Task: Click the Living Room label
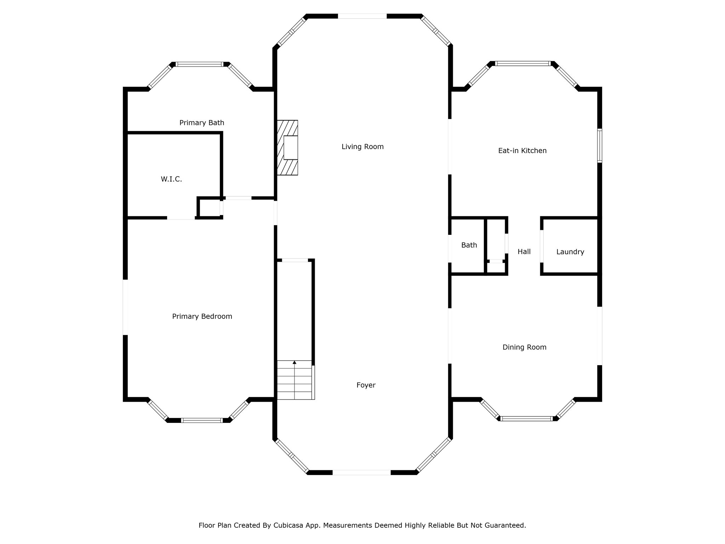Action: (362, 147)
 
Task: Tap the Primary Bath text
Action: (202, 123)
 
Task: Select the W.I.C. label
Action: (171, 179)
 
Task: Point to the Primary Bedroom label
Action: (202, 317)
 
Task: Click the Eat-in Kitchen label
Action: (523, 151)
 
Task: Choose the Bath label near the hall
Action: (469, 245)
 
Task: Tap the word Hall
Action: (524, 251)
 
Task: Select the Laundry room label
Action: (570, 252)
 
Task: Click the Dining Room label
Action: (525, 347)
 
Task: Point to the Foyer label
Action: (366, 385)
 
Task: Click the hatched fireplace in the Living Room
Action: (287, 148)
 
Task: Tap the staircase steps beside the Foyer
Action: (295, 380)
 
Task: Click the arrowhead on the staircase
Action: (295, 362)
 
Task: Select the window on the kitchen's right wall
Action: (600, 145)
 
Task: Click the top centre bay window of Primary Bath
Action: (200, 64)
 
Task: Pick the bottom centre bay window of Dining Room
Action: (527, 419)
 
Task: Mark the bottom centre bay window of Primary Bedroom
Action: (202, 420)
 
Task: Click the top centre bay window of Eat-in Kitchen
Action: (523, 63)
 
